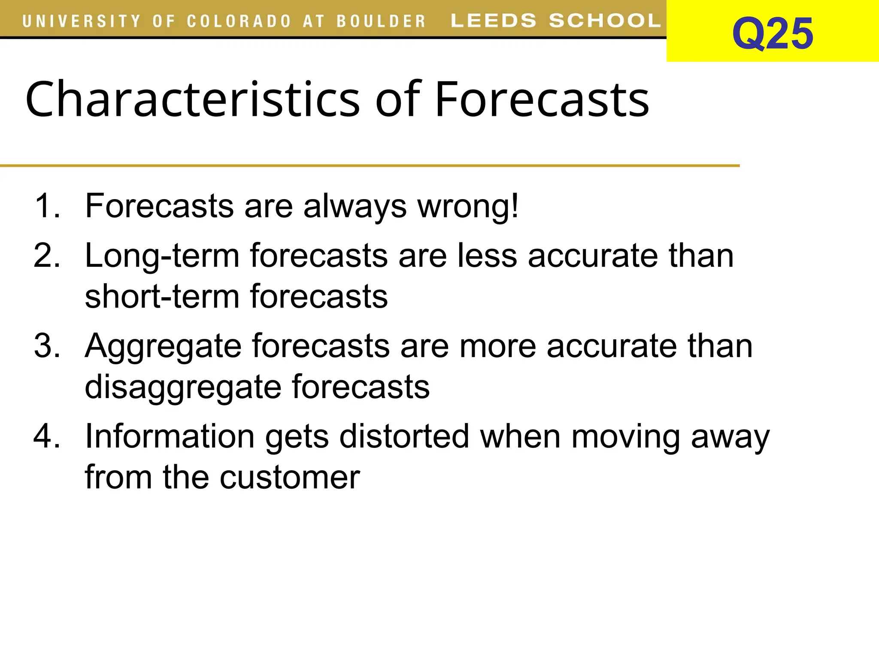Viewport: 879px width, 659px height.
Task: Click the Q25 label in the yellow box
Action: coord(772,33)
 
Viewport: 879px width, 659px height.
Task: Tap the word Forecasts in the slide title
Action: coord(542,100)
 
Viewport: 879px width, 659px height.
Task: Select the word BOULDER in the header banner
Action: coord(381,21)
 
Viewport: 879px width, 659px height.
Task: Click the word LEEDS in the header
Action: coord(493,21)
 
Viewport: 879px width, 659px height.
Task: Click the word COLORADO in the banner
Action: coord(239,21)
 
